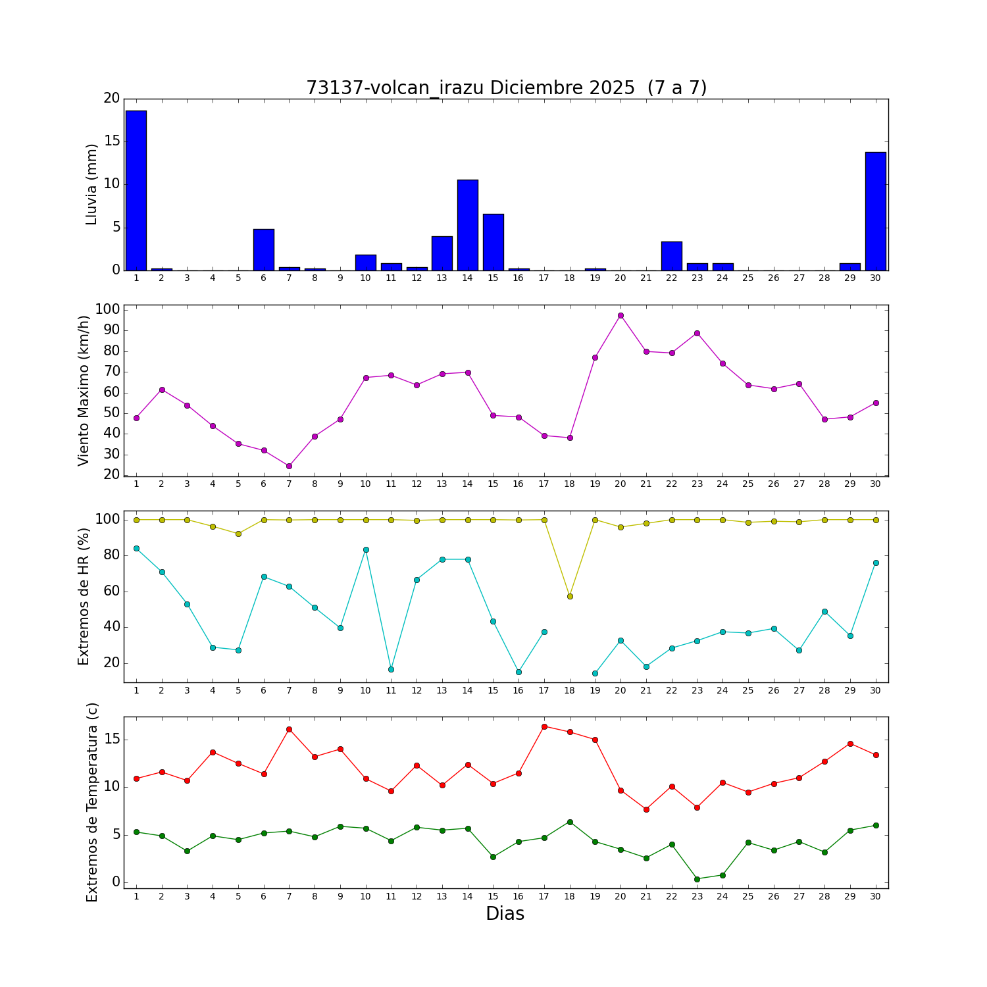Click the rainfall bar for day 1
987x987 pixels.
tap(136, 191)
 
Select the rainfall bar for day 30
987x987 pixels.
tap(875, 211)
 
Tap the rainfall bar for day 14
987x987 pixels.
tap(468, 225)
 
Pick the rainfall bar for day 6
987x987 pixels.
tap(264, 249)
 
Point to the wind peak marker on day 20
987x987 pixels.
tap(620, 316)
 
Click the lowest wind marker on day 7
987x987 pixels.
tap(289, 466)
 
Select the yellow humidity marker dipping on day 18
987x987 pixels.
tap(570, 596)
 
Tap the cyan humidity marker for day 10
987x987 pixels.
tap(366, 549)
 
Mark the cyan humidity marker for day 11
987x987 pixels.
tap(391, 669)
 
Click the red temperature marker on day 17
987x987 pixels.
tap(544, 726)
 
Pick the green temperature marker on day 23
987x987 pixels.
tap(697, 878)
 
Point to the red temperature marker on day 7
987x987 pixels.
tap(289, 729)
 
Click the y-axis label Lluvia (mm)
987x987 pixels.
tap(92, 184)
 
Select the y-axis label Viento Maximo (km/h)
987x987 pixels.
tap(84, 390)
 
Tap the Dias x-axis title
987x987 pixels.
tap(505, 914)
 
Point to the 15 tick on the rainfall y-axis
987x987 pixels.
tap(112, 141)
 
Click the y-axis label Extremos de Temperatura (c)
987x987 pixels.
tap(92, 802)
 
